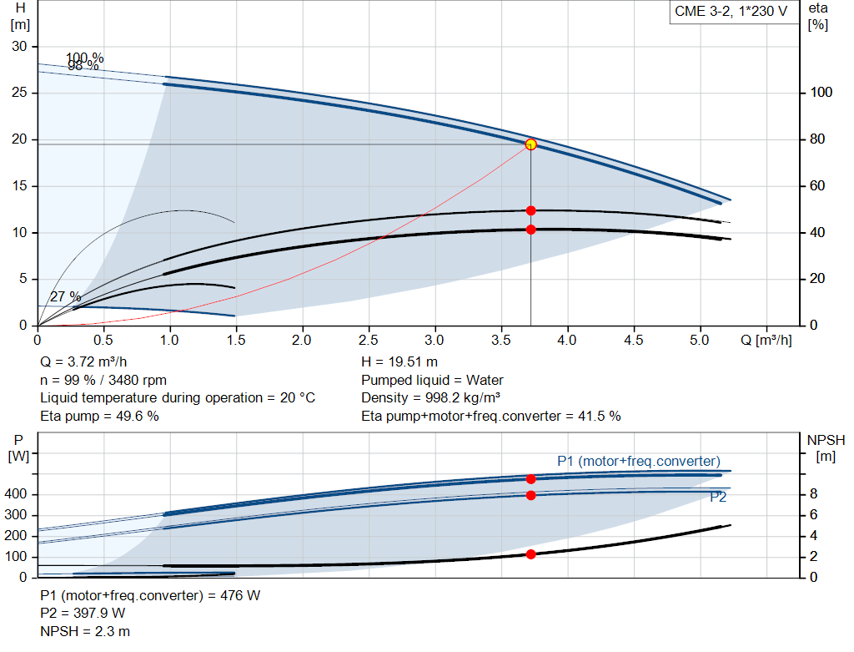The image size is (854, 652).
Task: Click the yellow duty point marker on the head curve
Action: [530, 144]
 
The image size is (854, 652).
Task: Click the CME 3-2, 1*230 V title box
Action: [731, 12]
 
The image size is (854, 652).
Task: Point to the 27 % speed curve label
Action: [65, 297]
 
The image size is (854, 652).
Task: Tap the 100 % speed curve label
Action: [85, 58]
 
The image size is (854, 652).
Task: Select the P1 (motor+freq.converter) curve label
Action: [639, 461]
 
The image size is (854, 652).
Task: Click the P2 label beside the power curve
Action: [718, 498]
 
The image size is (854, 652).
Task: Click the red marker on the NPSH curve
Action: [530, 554]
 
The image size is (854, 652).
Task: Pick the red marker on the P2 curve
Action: [530, 495]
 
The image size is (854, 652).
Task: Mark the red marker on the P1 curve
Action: [530, 479]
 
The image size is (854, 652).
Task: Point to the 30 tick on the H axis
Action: [19, 46]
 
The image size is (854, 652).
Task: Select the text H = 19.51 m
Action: [399, 362]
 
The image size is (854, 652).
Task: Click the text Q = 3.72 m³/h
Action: [84, 362]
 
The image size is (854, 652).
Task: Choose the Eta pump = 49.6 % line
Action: [100, 416]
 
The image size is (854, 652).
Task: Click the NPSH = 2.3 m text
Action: [85, 632]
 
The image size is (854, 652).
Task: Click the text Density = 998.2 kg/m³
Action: [432, 398]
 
